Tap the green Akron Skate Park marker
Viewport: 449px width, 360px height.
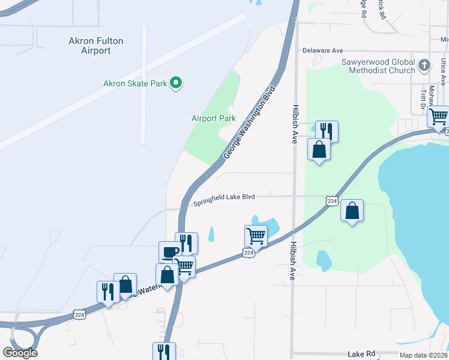coord(176,83)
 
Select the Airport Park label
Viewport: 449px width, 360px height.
coord(213,118)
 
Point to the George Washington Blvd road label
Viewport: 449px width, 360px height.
coord(250,122)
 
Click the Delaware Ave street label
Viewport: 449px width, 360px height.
coord(322,51)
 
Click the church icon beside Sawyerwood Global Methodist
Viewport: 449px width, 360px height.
coord(424,64)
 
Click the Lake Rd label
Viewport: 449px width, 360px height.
coord(361,355)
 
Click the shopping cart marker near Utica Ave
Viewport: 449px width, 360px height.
coord(439,116)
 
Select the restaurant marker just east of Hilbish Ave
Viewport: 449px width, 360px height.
coord(327,131)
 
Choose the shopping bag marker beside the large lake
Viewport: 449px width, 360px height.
coord(352,211)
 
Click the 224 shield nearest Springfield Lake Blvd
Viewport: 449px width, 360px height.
coord(331,201)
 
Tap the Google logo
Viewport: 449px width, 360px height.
coord(20,353)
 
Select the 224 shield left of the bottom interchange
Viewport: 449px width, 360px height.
coord(79,314)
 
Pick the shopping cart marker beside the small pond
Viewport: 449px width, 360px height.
coord(256,236)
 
